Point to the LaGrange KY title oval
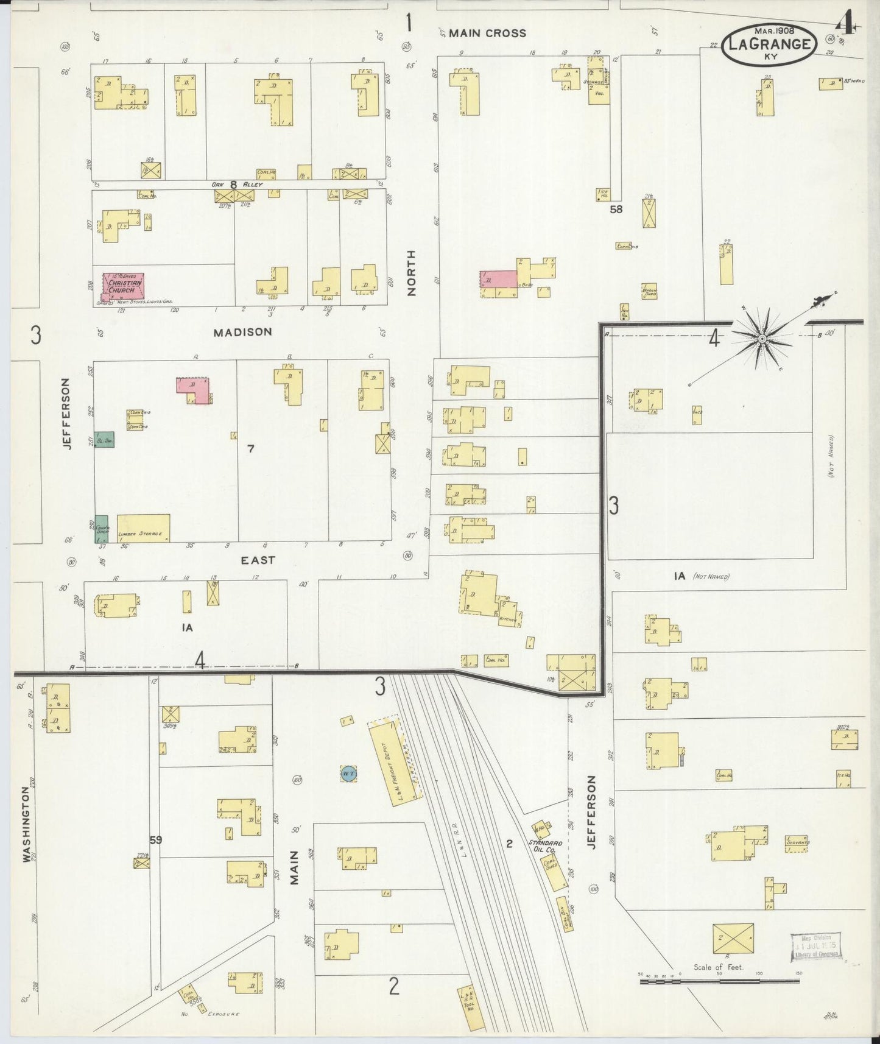(770, 45)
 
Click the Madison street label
(242, 332)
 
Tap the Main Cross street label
(487, 34)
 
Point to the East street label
(258, 560)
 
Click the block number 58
(616, 209)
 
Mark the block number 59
(156, 840)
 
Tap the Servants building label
(797, 843)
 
